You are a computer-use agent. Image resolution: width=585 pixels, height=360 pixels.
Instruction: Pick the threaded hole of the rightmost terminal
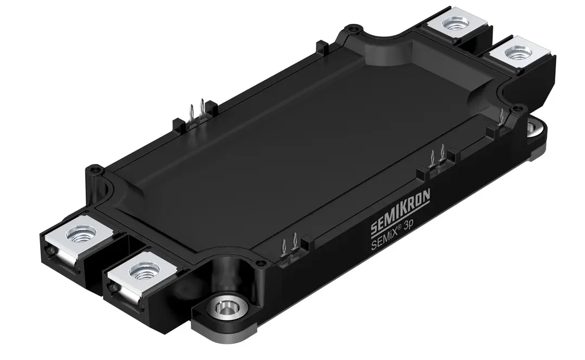tap(511, 54)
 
